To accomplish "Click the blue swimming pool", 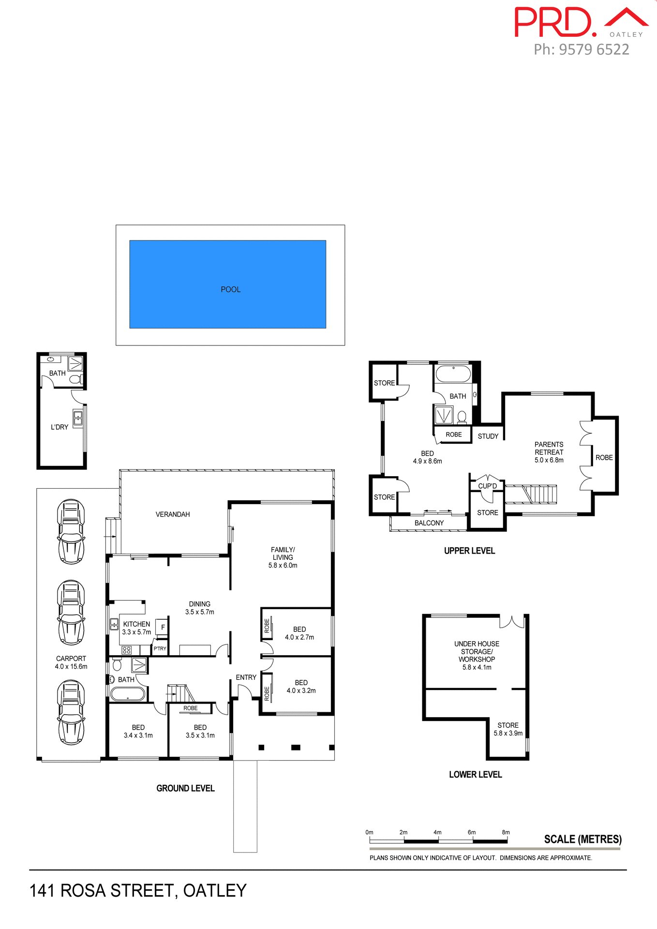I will pyautogui.click(x=227, y=284).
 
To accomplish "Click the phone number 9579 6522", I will pyautogui.click(x=594, y=50).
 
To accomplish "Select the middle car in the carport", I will pyautogui.click(x=71, y=613).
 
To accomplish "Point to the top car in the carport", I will pyautogui.click(x=71, y=532).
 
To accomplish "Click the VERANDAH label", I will pyautogui.click(x=173, y=514).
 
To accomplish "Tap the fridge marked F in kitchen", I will pyautogui.click(x=163, y=627).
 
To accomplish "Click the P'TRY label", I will pyautogui.click(x=160, y=649).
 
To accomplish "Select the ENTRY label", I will pyautogui.click(x=246, y=677).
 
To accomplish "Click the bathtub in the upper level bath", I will pyautogui.click(x=453, y=375).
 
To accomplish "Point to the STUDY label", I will pyautogui.click(x=488, y=436).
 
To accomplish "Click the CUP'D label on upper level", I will pyautogui.click(x=487, y=486).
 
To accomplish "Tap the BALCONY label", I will pyautogui.click(x=429, y=523).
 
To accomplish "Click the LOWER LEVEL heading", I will pyautogui.click(x=475, y=775).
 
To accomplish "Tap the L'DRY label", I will pyautogui.click(x=60, y=427).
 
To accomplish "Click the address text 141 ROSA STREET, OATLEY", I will pyautogui.click(x=138, y=891).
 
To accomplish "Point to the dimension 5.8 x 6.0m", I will pyautogui.click(x=283, y=565).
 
